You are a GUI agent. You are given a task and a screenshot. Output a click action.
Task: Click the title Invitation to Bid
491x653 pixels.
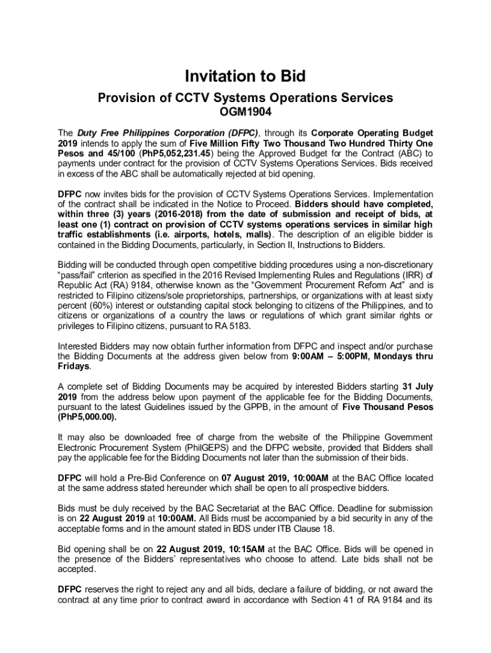[x=245, y=77]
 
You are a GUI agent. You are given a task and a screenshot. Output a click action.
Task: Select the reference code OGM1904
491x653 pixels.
[x=245, y=113]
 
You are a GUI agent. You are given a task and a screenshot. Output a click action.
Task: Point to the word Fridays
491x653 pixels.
[x=74, y=367]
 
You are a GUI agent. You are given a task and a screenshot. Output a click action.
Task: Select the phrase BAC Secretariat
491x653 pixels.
[x=203, y=508]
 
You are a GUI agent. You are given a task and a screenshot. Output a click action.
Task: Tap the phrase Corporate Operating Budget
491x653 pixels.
[x=370, y=133]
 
